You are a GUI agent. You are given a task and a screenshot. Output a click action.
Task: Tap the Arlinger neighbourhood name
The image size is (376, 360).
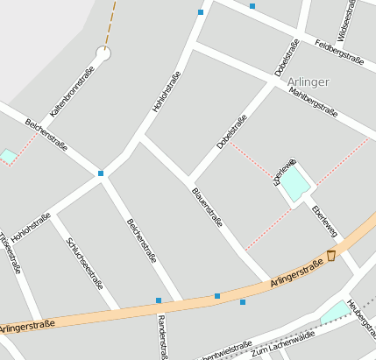pos(308,81)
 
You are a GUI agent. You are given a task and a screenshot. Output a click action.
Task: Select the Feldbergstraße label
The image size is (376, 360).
pos(338,52)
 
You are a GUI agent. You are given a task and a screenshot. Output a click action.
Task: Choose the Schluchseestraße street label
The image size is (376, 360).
pos(85,265)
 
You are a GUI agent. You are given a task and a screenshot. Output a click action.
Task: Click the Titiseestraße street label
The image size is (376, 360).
pos(10,254)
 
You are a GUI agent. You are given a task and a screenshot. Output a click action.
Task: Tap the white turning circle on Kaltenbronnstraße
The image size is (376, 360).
pos(103,54)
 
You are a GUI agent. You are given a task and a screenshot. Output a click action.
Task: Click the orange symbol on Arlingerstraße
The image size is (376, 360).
pos(330,256)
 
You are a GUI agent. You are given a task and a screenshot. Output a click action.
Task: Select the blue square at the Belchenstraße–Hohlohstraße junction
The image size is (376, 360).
pos(101,173)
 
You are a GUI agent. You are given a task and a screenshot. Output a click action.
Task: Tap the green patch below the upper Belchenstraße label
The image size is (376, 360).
pos(8,156)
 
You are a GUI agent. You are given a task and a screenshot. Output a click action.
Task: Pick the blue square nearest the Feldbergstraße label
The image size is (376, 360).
pos(252,6)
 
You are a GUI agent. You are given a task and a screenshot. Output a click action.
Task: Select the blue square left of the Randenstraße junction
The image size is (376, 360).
pos(159,300)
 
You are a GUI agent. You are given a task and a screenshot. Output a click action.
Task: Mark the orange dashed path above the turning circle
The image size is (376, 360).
pos(111,22)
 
